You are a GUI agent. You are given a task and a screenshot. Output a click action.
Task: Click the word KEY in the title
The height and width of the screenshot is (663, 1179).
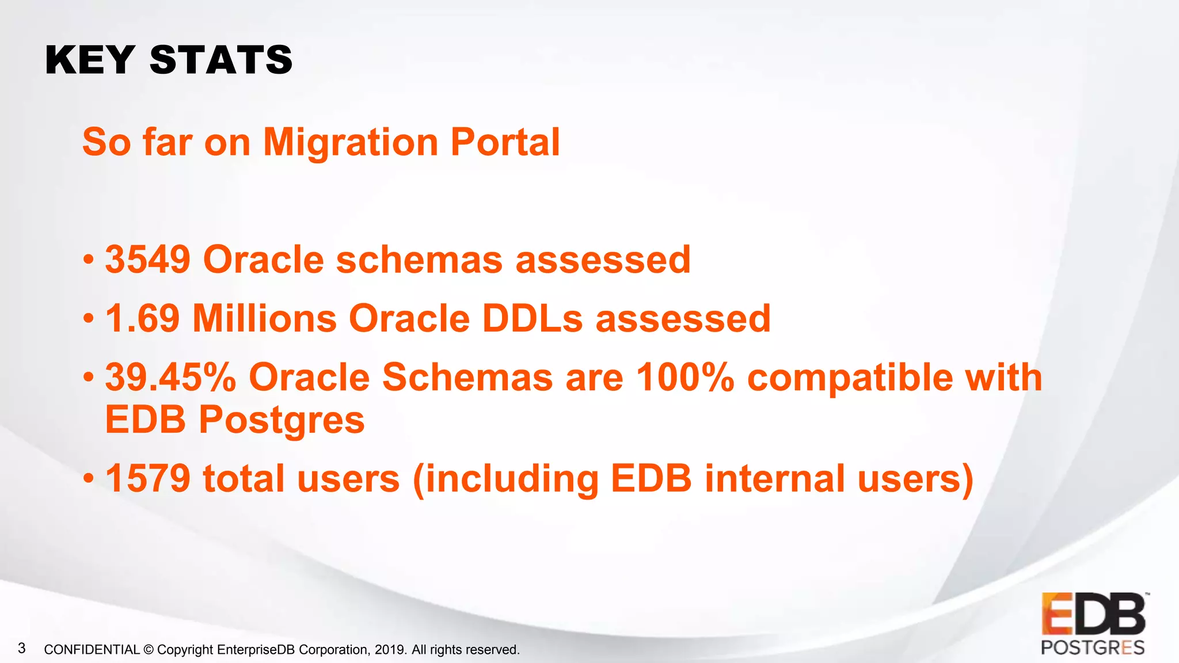(x=90, y=60)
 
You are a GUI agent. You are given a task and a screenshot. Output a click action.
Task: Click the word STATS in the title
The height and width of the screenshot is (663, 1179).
(x=221, y=60)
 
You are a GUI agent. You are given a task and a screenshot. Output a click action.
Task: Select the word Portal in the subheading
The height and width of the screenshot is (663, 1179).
(x=505, y=142)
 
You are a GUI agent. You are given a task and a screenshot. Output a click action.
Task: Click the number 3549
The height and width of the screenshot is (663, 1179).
(x=147, y=260)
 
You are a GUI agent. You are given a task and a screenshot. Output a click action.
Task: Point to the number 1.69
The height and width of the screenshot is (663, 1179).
(x=142, y=318)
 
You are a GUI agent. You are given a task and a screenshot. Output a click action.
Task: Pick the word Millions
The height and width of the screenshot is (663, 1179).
(x=264, y=318)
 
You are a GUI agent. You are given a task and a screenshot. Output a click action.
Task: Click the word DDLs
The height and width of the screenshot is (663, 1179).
(x=532, y=318)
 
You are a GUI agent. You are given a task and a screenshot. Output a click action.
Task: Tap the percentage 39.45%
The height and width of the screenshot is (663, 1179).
(x=170, y=378)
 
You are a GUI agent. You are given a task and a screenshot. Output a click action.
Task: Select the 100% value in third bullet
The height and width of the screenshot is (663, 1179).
(x=684, y=378)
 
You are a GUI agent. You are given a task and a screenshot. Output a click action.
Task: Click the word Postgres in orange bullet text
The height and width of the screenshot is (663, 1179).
(x=282, y=420)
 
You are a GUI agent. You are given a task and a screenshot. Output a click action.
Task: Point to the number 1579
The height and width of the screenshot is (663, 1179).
(x=147, y=478)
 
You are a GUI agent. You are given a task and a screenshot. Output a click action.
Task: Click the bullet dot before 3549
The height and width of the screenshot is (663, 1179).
(x=88, y=260)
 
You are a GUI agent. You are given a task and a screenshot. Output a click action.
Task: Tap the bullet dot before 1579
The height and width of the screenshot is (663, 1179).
(x=88, y=478)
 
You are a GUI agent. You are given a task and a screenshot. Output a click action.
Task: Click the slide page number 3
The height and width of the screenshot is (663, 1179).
(x=22, y=649)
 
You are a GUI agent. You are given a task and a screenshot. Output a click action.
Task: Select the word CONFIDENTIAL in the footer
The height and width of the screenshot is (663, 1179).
(x=92, y=650)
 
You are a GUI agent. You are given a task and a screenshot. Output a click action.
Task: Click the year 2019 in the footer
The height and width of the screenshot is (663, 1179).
(x=390, y=650)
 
